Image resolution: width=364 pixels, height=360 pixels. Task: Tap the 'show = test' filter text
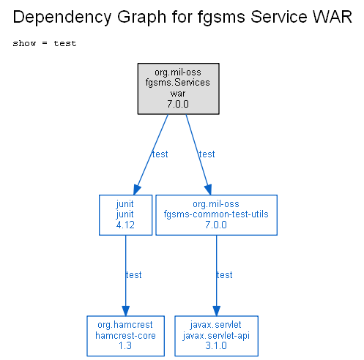click(x=45, y=43)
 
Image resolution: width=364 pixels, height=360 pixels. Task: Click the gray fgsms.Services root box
click(x=178, y=89)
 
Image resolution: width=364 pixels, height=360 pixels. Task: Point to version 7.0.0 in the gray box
click(x=178, y=104)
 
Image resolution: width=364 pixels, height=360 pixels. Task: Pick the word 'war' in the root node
click(x=178, y=94)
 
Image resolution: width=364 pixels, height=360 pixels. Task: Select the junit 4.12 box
click(x=125, y=215)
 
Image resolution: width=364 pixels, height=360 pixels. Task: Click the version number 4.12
click(x=125, y=225)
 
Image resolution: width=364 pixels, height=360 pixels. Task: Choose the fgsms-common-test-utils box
click(x=216, y=215)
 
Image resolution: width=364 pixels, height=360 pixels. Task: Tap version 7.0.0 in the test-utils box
click(x=216, y=225)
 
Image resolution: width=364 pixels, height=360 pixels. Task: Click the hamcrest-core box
click(x=125, y=336)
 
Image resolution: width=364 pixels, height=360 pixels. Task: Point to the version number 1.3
click(x=125, y=345)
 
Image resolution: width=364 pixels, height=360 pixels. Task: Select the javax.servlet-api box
click(x=216, y=336)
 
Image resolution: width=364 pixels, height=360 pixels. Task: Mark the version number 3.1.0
click(x=216, y=345)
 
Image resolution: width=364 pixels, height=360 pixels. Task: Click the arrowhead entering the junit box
click(x=137, y=190)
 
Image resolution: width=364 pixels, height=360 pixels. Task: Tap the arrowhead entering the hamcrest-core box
click(x=125, y=311)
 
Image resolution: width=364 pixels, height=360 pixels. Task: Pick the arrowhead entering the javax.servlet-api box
click(x=216, y=311)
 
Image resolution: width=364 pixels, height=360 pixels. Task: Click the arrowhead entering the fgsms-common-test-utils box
click(x=208, y=190)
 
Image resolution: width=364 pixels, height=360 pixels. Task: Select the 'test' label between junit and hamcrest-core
click(x=133, y=275)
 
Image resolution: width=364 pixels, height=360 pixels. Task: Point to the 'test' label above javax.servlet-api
click(x=224, y=275)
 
